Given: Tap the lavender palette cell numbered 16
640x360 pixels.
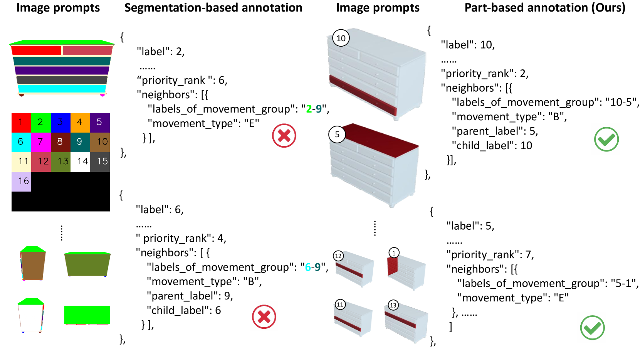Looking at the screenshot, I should tap(22, 181).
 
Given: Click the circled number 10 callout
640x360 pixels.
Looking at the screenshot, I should tap(341, 38).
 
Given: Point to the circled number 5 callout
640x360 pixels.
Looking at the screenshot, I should tap(337, 134).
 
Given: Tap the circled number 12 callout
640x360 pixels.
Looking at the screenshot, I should tap(338, 256).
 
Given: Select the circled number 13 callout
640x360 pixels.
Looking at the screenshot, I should tap(393, 305).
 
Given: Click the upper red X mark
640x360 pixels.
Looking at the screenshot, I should tap(284, 136).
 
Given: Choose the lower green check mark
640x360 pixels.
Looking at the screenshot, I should tap(592, 328).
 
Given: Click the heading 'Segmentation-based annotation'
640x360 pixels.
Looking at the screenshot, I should tap(213, 8).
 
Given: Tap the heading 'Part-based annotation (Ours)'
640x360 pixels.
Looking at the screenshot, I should tap(545, 8).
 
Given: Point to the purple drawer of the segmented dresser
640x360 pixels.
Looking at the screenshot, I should tap(62, 71).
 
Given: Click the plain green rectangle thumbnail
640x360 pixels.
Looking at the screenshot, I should tap(87, 315).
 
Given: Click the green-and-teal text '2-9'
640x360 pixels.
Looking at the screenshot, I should tap(314, 109).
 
